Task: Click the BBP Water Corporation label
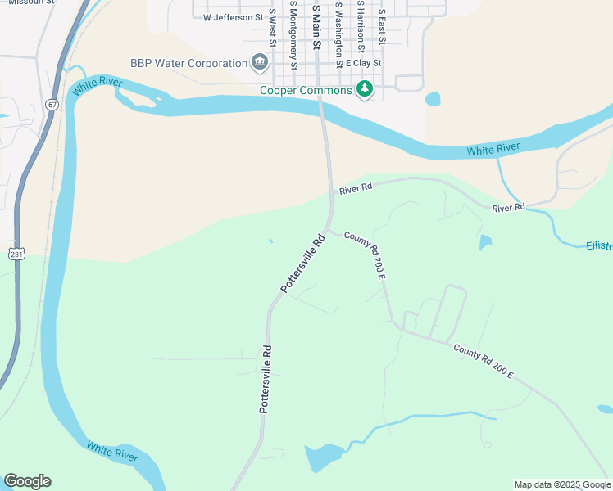coord(188,63)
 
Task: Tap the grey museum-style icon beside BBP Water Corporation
coord(260,62)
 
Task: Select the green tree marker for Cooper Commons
coord(365,89)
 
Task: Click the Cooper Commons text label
coord(306,90)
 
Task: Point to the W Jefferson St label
coord(234,16)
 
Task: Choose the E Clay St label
coord(364,63)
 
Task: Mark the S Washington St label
coord(338,31)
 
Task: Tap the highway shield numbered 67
coord(52,105)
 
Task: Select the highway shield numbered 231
coord(17,255)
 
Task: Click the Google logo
coord(27,481)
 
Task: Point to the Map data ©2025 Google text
coord(562,484)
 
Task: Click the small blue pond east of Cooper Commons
coord(432,99)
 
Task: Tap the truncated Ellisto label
coord(599,245)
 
